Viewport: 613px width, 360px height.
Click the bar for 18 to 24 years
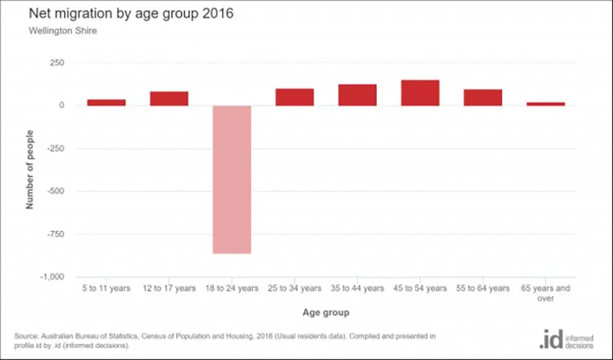[232, 179]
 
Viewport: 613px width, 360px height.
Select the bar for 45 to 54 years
[420, 93]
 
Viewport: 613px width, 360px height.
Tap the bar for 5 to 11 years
[106, 103]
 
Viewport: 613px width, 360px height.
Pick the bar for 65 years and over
[546, 104]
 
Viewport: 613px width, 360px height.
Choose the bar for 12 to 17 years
[169, 99]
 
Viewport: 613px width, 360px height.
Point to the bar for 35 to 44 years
[357, 95]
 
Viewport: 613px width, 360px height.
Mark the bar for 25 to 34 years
[295, 97]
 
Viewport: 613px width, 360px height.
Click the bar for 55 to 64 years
[483, 97]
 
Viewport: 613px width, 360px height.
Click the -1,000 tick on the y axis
[52, 277]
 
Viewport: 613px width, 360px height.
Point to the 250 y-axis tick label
[57, 63]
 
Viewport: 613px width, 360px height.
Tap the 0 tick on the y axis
[61, 106]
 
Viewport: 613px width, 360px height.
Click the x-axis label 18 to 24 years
[232, 288]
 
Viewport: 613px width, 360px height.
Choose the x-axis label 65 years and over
[546, 293]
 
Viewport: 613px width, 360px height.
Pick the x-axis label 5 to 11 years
[106, 288]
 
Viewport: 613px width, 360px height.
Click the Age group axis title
[326, 313]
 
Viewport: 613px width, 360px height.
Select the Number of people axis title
[30, 170]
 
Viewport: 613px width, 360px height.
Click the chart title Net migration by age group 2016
[131, 14]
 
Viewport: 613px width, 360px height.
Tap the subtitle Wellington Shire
[63, 31]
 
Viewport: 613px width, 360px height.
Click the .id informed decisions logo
[567, 339]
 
